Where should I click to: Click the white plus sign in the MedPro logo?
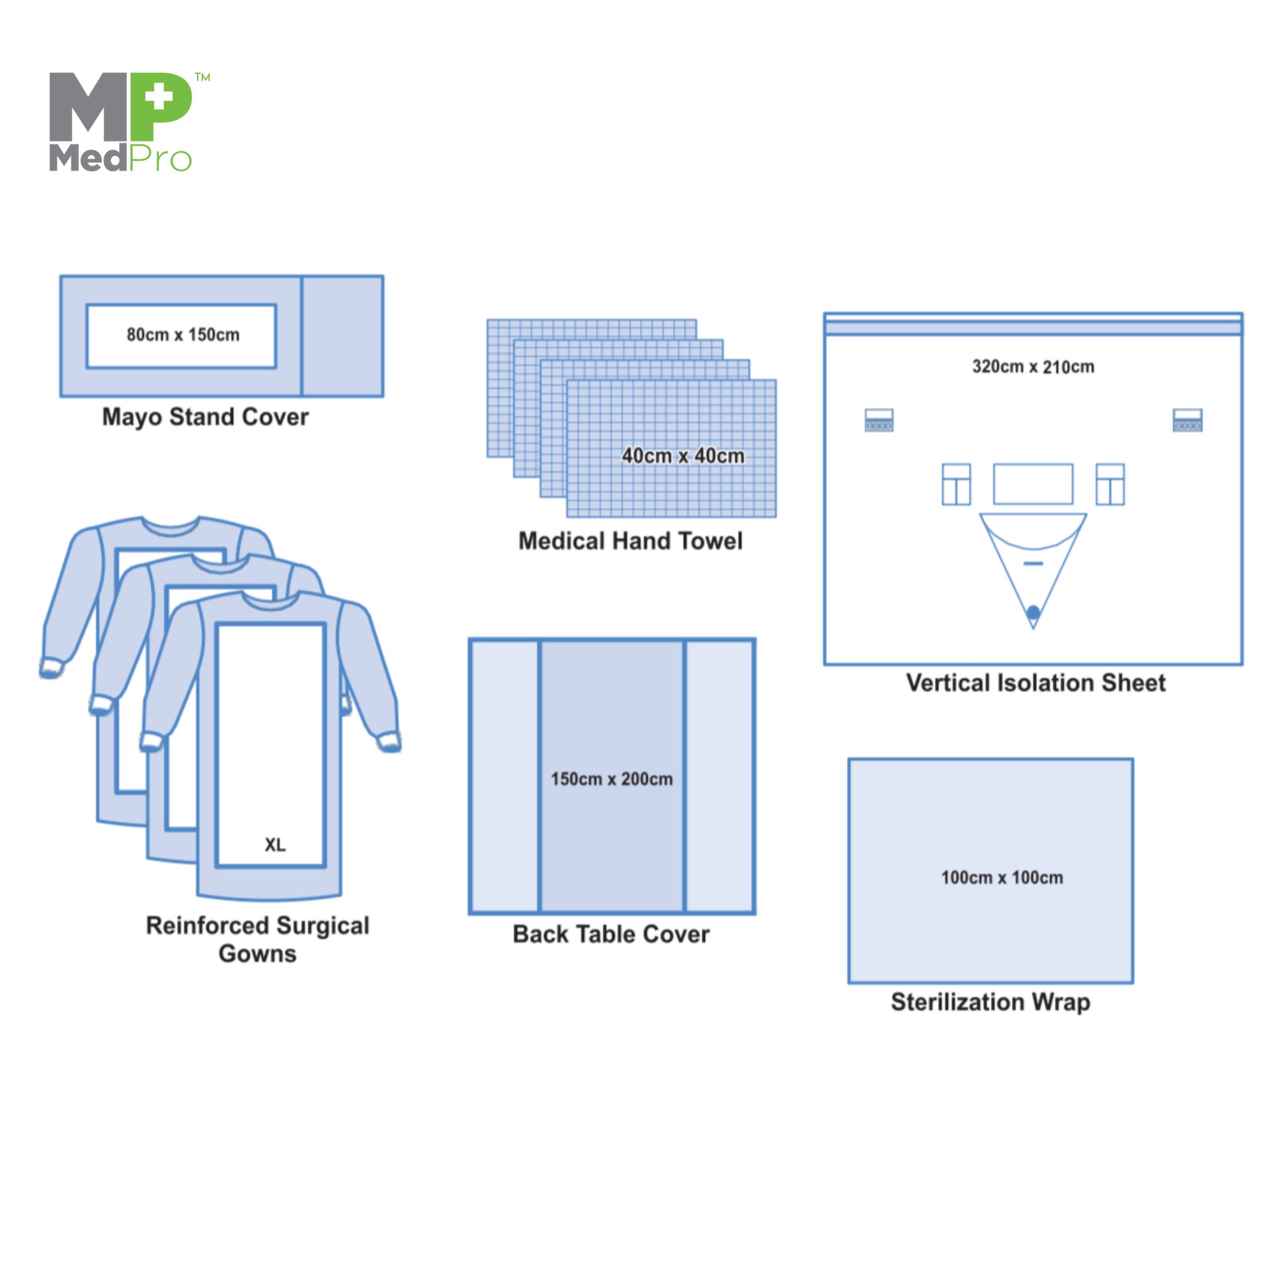pos(158,98)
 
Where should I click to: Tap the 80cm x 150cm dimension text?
pos(183,335)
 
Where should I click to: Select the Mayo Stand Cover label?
pos(205,417)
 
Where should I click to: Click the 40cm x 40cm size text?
pos(683,456)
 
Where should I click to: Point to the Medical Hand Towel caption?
pos(630,541)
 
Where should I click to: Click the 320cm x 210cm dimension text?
pos(1033,367)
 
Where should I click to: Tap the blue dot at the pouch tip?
pos(1033,613)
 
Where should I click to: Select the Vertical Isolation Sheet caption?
pos(1036,683)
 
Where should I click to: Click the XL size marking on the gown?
pos(275,845)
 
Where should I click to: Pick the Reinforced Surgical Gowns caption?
pos(257,939)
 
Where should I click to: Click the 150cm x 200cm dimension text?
pos(612,779)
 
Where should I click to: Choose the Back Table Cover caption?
pos(611,934)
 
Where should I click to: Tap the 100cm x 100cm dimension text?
pos(1002,878)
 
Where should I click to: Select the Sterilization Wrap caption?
pos(990,1002)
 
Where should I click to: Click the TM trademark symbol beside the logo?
pos(203,77)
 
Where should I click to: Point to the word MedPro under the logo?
pos(120,158)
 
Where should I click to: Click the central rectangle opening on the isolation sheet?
pos(1033,484)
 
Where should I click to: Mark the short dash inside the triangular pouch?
pos(1033,563)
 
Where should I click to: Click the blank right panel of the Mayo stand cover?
pos(342,336)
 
